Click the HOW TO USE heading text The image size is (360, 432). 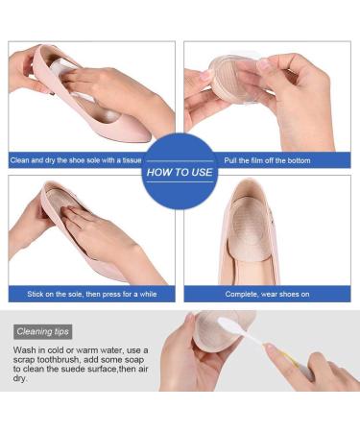pos(180,174)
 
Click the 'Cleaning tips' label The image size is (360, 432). pos(42,331)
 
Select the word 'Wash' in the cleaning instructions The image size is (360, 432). pos(25,351)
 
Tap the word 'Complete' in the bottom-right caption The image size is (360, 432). pos(241,293)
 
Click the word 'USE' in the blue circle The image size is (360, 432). pos(201,174)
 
